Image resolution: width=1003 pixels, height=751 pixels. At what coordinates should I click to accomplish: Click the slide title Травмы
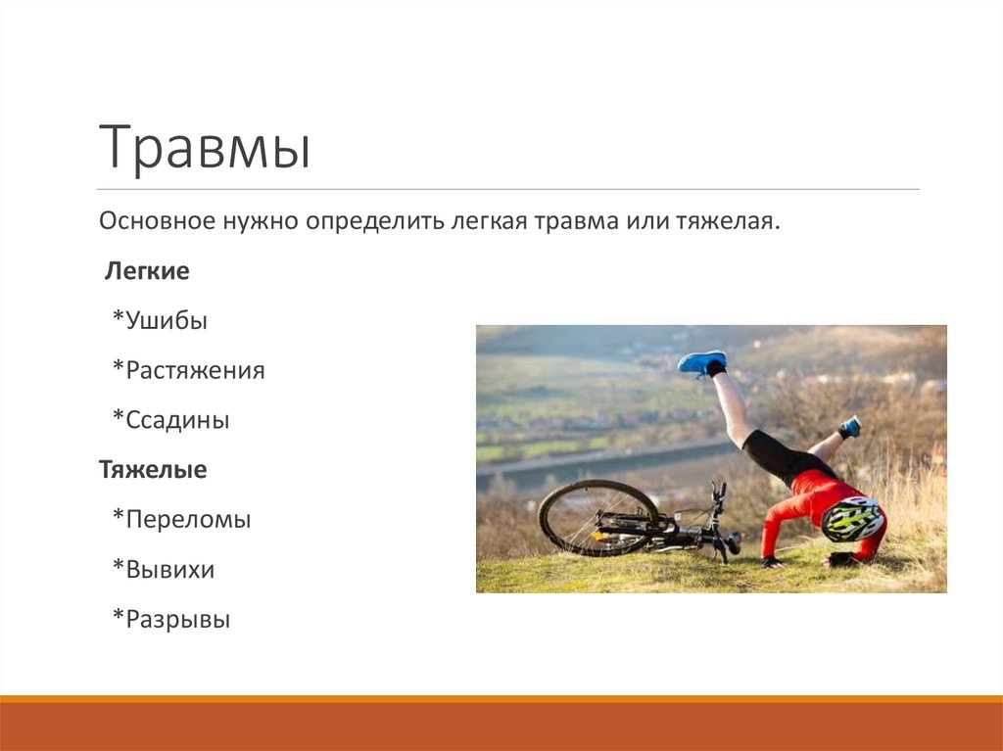[x=205, y=148]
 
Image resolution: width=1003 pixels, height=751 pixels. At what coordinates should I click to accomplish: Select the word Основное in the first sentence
[x=157, y=220]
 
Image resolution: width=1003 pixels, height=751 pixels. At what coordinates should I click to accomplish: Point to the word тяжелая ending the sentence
[x=728, y=220]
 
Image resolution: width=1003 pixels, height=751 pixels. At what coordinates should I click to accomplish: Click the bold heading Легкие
[x=147, y=271]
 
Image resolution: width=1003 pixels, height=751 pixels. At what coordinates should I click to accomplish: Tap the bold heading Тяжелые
[x=153, y=470]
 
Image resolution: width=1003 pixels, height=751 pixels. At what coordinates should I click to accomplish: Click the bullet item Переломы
[x=181, y=520]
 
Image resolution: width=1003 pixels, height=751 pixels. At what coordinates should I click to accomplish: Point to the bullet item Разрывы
[x=171, y=620]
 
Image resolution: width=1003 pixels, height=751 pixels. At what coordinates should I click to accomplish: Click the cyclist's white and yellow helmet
[x=851, y=518]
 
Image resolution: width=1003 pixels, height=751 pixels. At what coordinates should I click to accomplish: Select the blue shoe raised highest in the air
[x=702, y=362]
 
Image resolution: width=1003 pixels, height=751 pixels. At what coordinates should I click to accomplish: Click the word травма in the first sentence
[x=569, y=220]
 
